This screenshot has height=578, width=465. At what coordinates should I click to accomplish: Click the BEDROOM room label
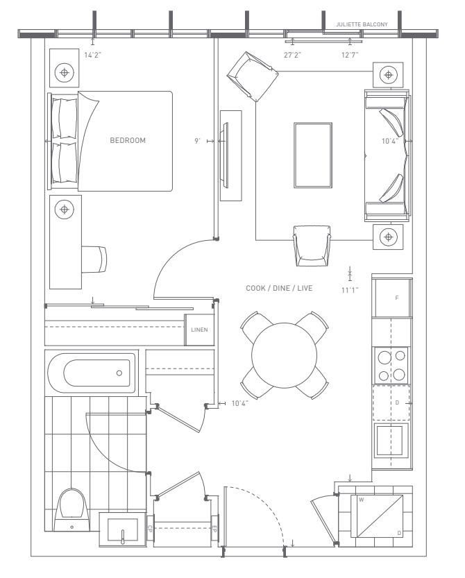128,140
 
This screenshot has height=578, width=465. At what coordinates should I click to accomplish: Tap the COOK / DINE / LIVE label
278,288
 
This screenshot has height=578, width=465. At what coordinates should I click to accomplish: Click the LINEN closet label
199,330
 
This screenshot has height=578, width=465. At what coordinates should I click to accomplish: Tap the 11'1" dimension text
350,290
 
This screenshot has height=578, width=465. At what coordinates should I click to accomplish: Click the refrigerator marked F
392,297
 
